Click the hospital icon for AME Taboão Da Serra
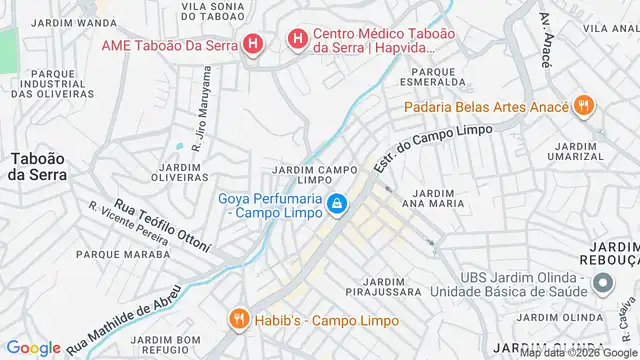254,44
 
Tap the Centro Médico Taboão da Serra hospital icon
297,39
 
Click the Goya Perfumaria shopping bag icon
338,205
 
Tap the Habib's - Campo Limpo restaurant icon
238,320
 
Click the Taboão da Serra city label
38,166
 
